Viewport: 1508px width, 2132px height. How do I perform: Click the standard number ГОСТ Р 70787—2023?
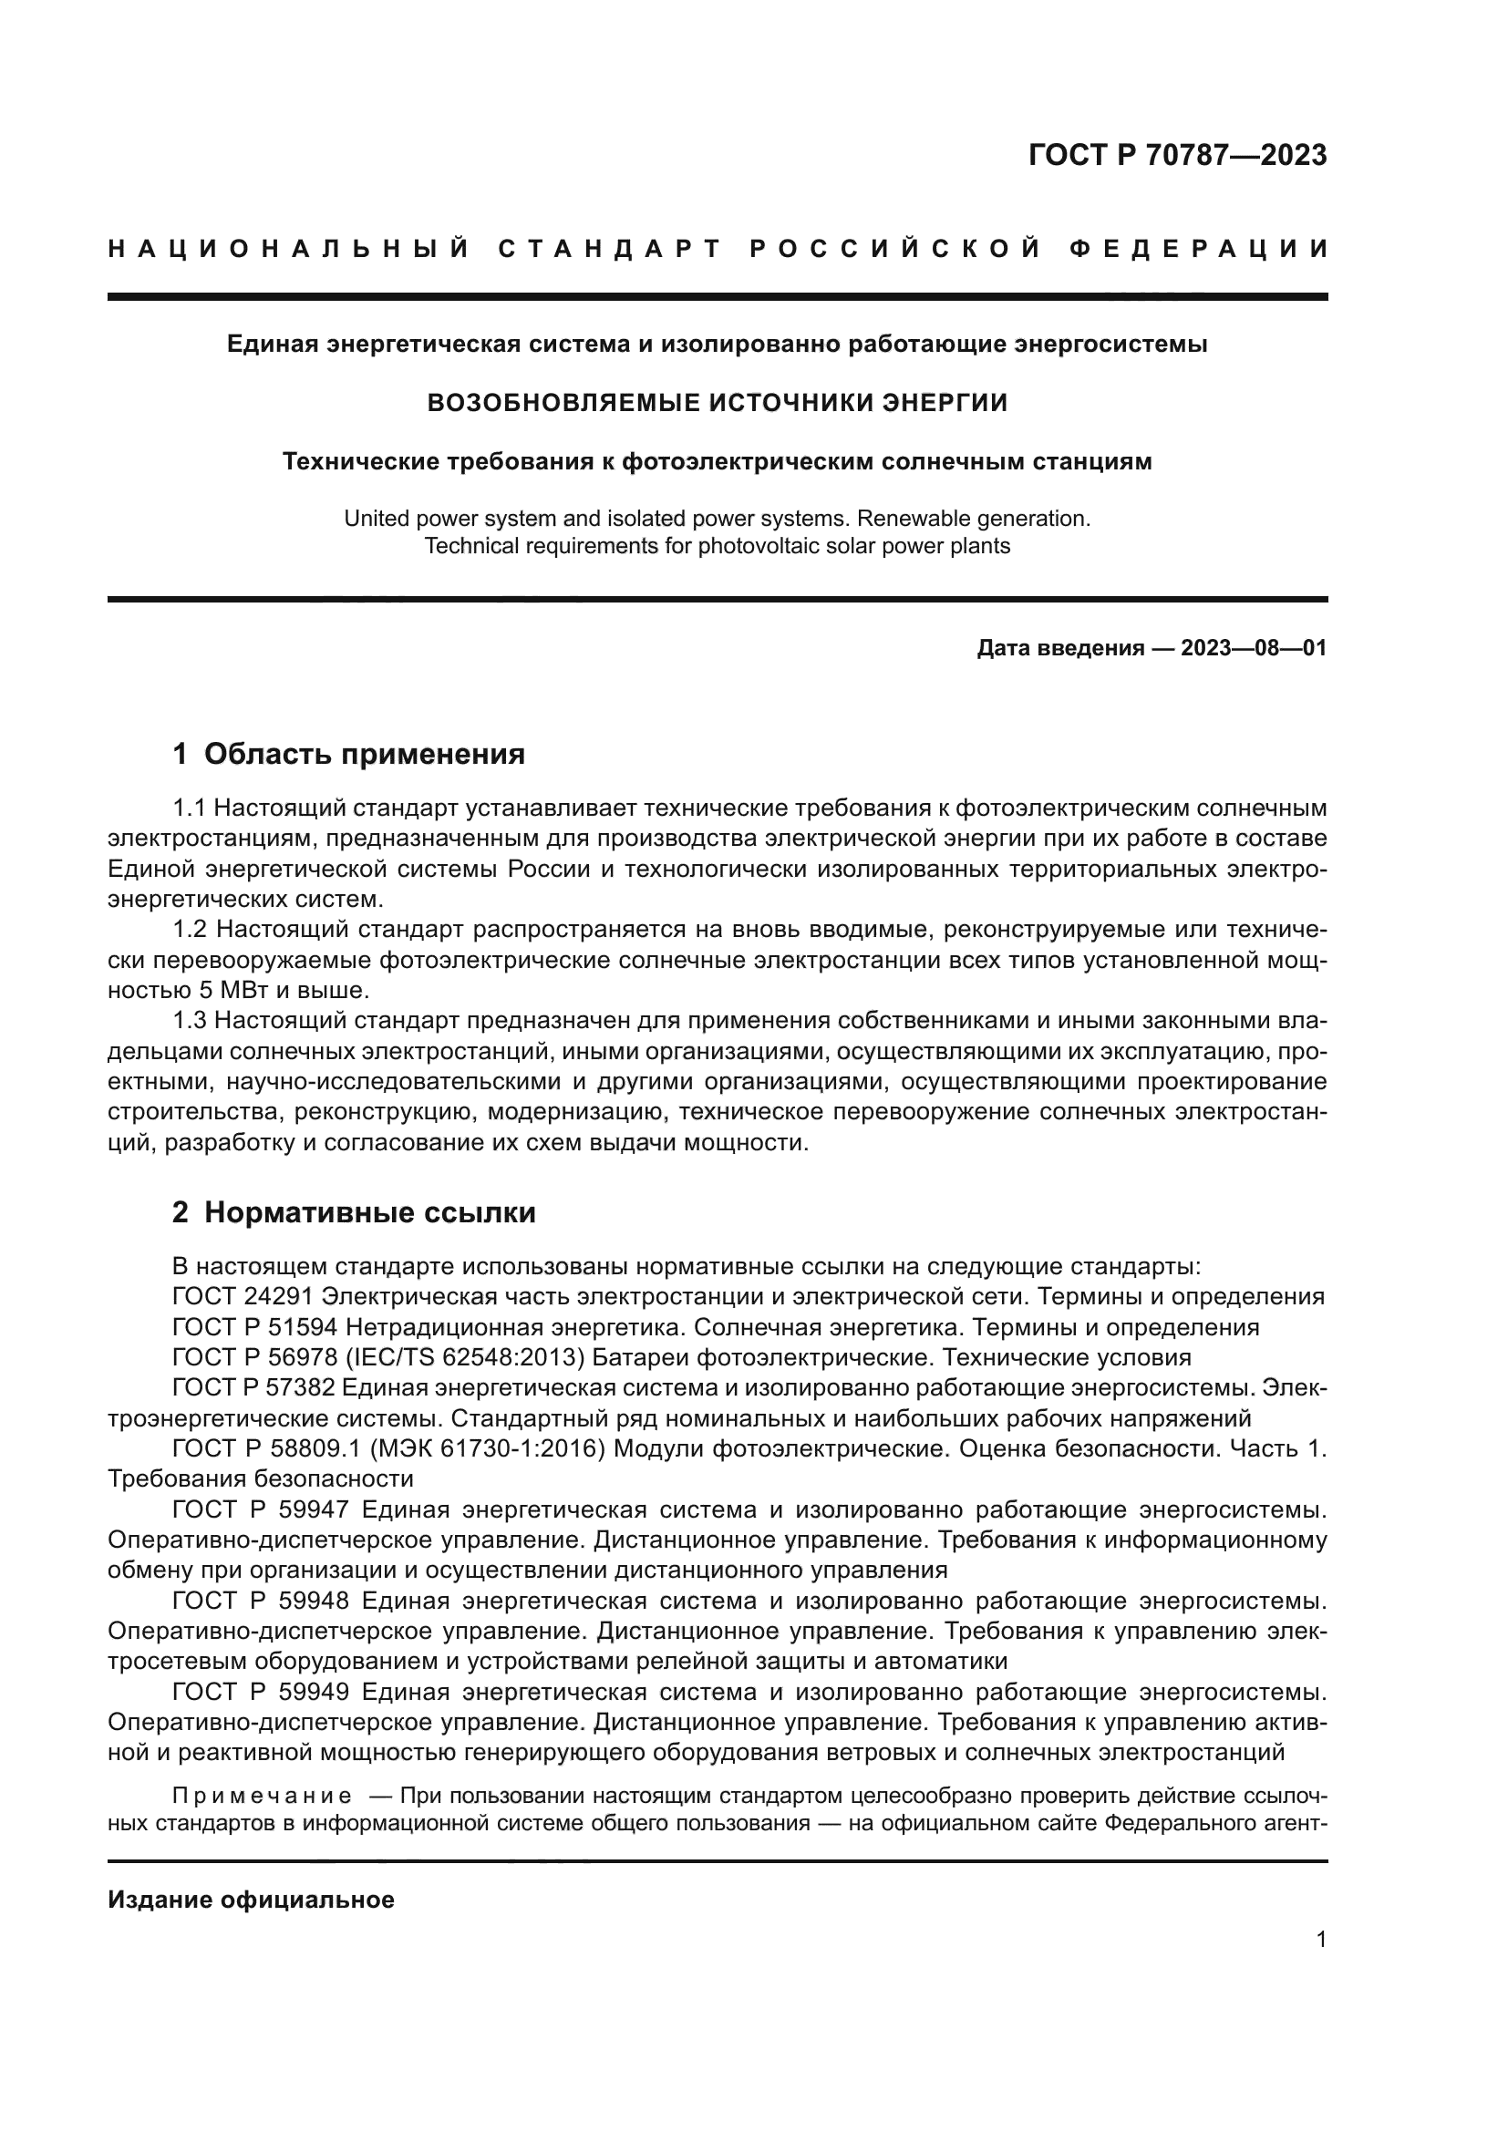point(1177,155)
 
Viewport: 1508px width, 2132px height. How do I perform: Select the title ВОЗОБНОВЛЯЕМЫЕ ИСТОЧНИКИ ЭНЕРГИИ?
point(717,402)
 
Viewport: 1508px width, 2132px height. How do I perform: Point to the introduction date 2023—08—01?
point(1254,648)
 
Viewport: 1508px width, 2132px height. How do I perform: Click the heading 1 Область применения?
point(349,754)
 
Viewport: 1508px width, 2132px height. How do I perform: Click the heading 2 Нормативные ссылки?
point(354,1212)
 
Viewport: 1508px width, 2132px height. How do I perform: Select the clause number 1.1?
point(190,808)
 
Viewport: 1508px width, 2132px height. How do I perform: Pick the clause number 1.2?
point(190,930)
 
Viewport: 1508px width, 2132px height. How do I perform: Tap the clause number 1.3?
point(190,1021)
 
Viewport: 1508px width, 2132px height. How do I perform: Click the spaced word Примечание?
point(262,1792)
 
